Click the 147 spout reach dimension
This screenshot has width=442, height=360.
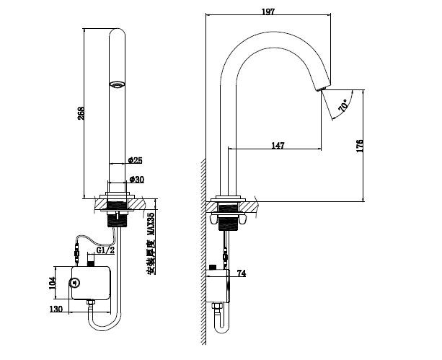point(278,146)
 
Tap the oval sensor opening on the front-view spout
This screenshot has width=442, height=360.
point(116,85)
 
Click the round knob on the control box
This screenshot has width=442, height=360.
point(74,282)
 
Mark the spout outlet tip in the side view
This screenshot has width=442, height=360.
point(321,89)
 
